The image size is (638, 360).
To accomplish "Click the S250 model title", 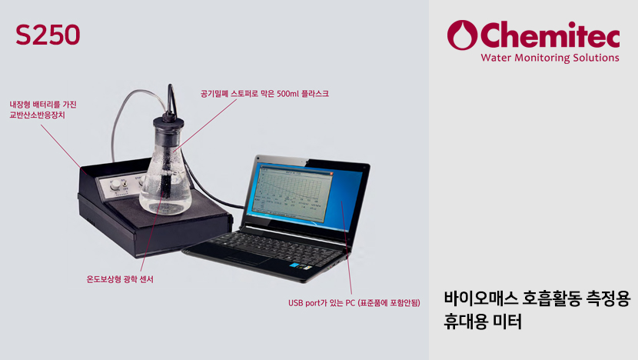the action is [x=48, y=35].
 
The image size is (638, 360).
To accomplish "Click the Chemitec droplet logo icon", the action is [x=462, y=35].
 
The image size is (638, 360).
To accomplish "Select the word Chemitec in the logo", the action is [x=550, y=35].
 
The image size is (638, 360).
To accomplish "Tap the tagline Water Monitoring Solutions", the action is [x=550, y=58].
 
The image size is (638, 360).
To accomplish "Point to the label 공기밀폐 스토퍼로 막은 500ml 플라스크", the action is [x=264, y=94].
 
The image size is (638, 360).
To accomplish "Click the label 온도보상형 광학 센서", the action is [x=120, y=279].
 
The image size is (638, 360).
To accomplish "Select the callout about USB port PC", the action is [x=354, y=303].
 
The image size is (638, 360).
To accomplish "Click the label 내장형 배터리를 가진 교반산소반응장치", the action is [x=43, y=110].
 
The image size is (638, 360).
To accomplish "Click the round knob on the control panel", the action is [x=115, y=185].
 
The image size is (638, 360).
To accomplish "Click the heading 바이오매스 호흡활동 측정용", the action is [x=537, y=298].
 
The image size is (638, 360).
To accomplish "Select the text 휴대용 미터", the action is [x=483, y=322].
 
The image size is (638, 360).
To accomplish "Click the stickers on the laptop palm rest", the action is [x=301, y=267].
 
